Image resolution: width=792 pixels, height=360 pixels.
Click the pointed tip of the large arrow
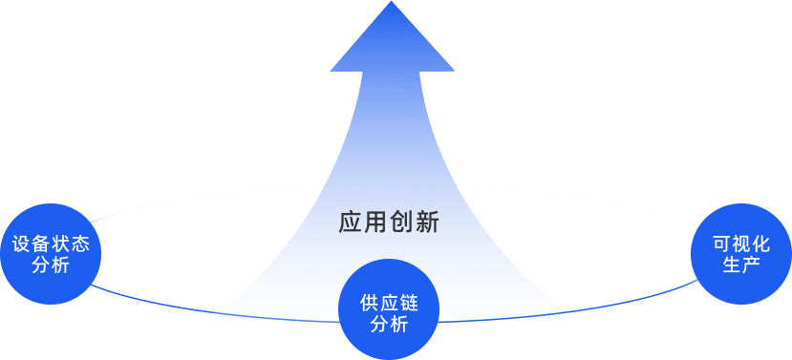(391, 4)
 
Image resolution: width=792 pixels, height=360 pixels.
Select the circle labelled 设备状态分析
(51, 253)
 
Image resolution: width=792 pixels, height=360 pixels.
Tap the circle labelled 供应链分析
(388, 310)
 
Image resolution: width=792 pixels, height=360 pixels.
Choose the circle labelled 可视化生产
(740, 253)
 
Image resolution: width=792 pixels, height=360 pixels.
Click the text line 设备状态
(51, 244)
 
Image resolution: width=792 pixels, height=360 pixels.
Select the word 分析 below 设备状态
(51, 265)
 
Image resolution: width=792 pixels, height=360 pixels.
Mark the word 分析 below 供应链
(388, 325)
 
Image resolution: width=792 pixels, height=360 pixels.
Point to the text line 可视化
(740, 243)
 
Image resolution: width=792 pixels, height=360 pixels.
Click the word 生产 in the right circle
(740, 265)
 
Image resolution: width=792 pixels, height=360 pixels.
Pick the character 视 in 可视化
(740, 243)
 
